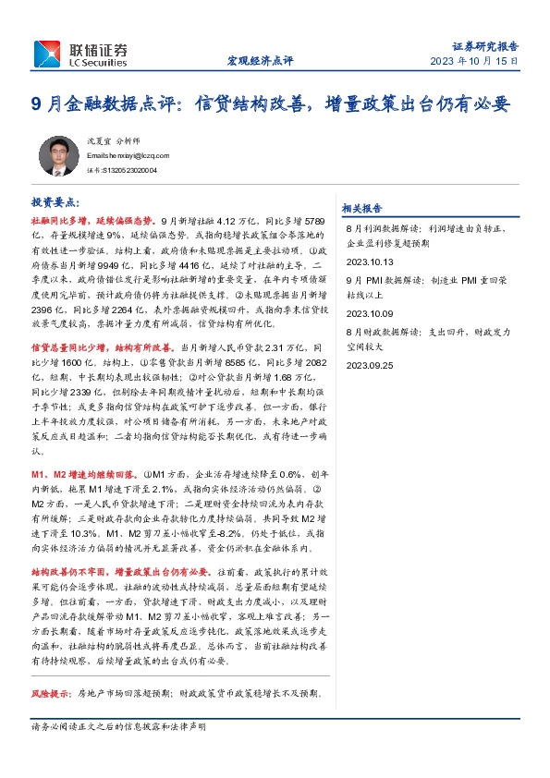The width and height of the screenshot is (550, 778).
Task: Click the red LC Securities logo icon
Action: click(49, 53)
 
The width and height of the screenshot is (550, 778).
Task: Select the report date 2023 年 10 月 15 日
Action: click(474, 61)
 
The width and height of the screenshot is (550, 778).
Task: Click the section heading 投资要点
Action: click(55, 201)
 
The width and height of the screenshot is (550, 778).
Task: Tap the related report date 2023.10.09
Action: click(369, 311)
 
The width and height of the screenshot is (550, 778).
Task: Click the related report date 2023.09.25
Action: click(369, 364)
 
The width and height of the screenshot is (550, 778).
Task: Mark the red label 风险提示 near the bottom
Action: click(50, 693)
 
